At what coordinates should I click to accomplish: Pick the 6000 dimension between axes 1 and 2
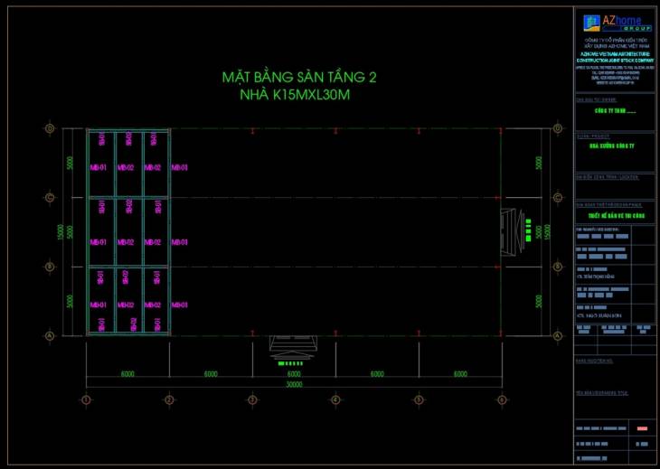pyautogui.click(x=127, y=373)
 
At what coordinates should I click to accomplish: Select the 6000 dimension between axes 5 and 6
pyautogui.click(x=459, y=373)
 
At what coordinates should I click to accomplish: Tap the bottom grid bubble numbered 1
pyautogui.click(x=86, y=399)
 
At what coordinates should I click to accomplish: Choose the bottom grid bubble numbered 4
pyautogui.click(x=335, y=399)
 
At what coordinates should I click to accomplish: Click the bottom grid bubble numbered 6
pyautogui.click(x=501, y=399)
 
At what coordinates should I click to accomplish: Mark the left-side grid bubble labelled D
pyautogui.click(x=51, y=128)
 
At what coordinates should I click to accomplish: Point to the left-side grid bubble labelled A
pyautogui.click(x=51, y=336)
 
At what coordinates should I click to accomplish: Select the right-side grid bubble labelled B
pyautogui.click(x=558, y=267)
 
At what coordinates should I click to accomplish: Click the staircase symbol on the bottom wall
pyautogui.click(x=293, y=350)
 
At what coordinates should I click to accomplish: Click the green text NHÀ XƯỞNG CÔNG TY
pyautogui.click(x=613, y=145)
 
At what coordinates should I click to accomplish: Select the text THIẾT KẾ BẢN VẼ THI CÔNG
pyautogui.click(x=613, y=217)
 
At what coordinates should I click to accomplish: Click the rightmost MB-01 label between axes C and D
pyautogui.click(x=179, y=167)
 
